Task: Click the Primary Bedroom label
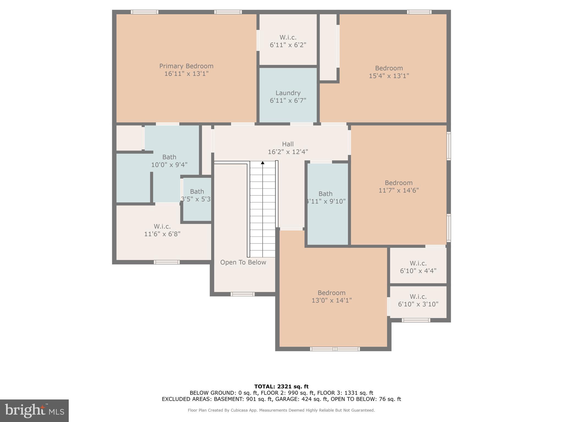[x=186, y=66]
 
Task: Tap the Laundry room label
[x=288, y=93]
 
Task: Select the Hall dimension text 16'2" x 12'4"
[x=288, y=152]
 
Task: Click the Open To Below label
[x=243, y=262]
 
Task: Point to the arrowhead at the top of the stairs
[x=263, y=163]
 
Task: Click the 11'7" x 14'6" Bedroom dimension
[x=399, y=190]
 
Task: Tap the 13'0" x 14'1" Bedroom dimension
[x=332, y=300]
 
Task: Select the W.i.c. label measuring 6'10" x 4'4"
[x=418, y=263]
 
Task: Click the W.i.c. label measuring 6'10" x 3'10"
[x=418, y=297]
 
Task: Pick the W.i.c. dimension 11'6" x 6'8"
[x=162, y=234]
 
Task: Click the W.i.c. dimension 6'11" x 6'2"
[x=288, y=45]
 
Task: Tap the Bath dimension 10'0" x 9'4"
[x=169, y=165]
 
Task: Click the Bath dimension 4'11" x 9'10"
[x=326, y=201]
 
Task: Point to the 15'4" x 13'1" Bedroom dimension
[x=389, y=76]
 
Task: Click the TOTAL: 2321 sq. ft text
[x=281, y=387]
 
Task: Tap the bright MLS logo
[x=34, y=410]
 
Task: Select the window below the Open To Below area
[x=242, y=294]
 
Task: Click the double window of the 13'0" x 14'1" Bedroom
[x=335, y=349]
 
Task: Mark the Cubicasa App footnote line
[x=281, y=410]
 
